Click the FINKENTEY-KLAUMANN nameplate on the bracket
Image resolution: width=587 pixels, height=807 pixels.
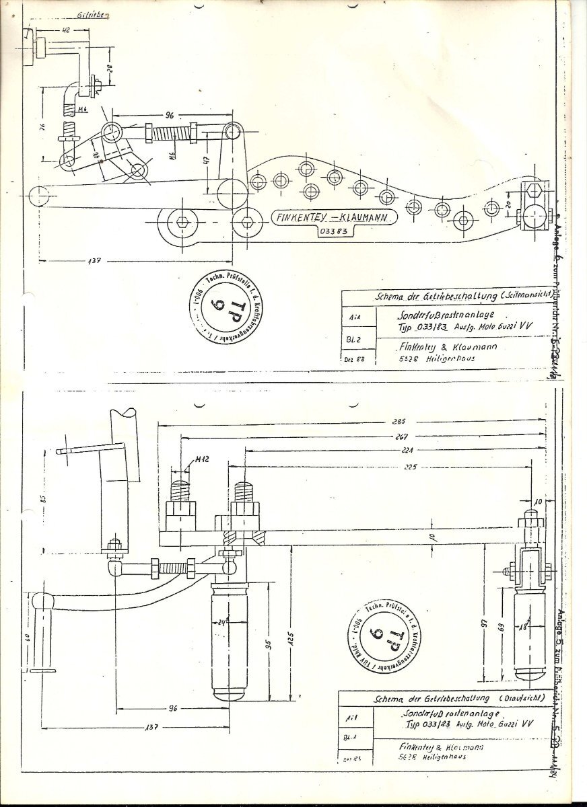335,217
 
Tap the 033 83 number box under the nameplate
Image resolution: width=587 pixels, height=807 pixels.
332,233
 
